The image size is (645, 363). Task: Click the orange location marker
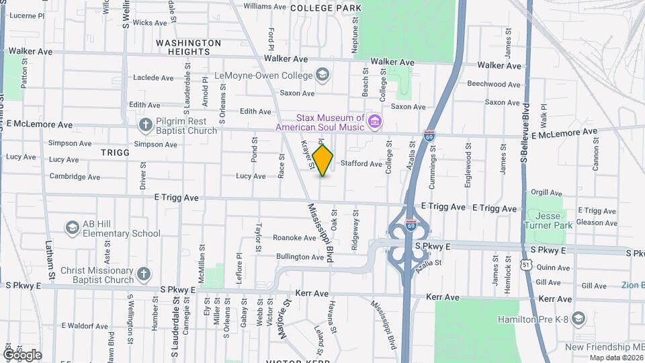pos(323,160)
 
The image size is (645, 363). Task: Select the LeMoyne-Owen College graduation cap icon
pos(322,75)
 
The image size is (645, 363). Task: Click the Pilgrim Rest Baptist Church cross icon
pos(145,124)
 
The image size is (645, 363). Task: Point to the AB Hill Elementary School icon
pos(72,228)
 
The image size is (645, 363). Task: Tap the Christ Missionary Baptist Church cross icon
pos(142,274)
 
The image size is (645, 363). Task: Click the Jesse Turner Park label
pos(550,220)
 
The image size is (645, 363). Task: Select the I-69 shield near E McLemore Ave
pos(429,136)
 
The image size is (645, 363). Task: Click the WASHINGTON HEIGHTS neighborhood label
pos(188,47)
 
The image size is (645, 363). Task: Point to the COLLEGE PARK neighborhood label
pos(326,8)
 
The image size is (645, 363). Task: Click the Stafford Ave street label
pos(361,163)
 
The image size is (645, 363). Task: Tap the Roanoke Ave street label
pos(290,238)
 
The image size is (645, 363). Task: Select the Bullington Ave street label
pos(300,257)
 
